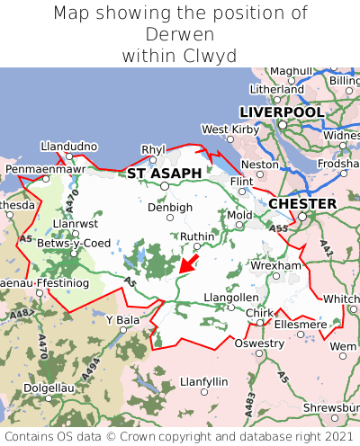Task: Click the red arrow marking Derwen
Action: pyautogui.click(x=189, y=263)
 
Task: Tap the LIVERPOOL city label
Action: pyautogui.click(x=282, y=111)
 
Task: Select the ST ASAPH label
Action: pyautogui.click(x=164, y=173)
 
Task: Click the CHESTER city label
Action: pyautogui.click(x=302, y=204)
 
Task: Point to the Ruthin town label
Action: pyautogui.click(x=198, y=236)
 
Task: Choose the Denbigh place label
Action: pyautogui.click(x=169, y=207)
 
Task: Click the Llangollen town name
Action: pyautogui.click(x=231, y=298)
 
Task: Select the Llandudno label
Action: pyautogui.click(x=68, y=146)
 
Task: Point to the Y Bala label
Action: pyautogui.click(x=122, y=319)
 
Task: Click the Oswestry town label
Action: pyautogui.click(x=258, y=343)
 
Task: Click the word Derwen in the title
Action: pyautogui.click(x=180, y=34)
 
